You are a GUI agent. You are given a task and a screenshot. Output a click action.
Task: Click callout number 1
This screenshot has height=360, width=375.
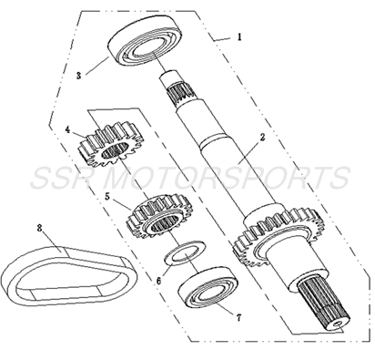click(x=238, y=37)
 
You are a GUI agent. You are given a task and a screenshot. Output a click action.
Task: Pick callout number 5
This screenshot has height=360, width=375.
click(x=107, y=195)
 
